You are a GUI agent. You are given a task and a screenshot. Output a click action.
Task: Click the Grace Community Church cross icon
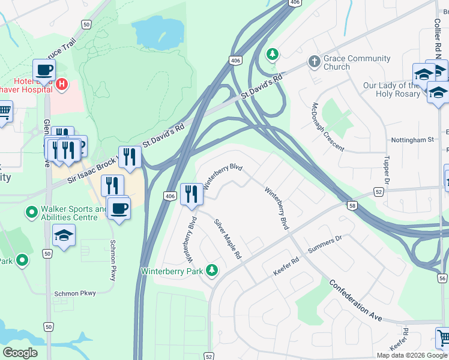click(x=313, y=62)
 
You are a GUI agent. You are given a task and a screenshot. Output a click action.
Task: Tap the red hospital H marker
click(x=62, y=86)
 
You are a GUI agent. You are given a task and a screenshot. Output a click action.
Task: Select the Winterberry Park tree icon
click(x=211, y=271)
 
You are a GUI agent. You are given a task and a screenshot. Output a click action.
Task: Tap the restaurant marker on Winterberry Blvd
click(x=191, y=194)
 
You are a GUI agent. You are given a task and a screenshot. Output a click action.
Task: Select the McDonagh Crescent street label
click(x=327, y=127)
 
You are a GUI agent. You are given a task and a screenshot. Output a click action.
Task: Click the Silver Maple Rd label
click(x=228, y=239)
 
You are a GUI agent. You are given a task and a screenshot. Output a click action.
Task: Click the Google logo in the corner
click(x=20, y=352)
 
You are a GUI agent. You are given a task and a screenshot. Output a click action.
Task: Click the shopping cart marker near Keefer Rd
click(x=443, y=338)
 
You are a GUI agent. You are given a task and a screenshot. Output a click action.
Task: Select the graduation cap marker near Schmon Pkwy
click(x=64, y=235)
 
